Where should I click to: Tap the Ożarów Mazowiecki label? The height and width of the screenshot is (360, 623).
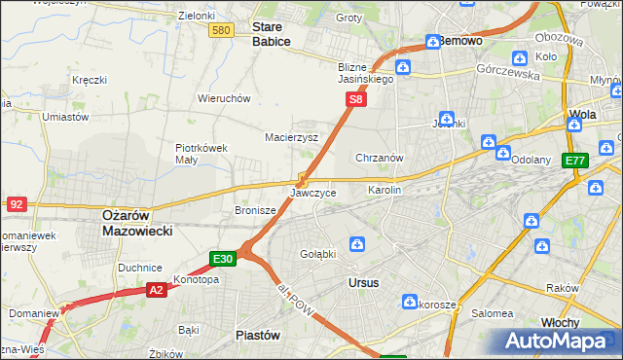(137, 223)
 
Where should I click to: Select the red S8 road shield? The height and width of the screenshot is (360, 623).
(357, 99)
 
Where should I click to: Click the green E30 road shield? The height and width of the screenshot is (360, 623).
(223, 259)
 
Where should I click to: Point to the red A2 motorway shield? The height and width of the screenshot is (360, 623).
(157, 289)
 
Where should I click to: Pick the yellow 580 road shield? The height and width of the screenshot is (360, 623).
(221, 31)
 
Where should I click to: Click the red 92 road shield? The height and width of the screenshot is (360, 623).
(17, 204)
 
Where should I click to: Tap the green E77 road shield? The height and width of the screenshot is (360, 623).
(575, 161)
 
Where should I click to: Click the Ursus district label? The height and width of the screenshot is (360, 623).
(363, 282)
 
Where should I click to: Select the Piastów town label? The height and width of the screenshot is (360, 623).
(259, 335)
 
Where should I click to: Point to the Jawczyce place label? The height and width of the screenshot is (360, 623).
(313, 194)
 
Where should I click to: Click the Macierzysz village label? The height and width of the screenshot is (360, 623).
(292, 137)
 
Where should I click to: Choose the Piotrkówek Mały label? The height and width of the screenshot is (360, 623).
(201, 155)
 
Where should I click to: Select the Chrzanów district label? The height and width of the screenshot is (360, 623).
(380, 158)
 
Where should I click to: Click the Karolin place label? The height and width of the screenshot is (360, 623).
(384, 190)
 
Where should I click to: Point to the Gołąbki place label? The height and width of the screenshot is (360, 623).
(317, 254)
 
